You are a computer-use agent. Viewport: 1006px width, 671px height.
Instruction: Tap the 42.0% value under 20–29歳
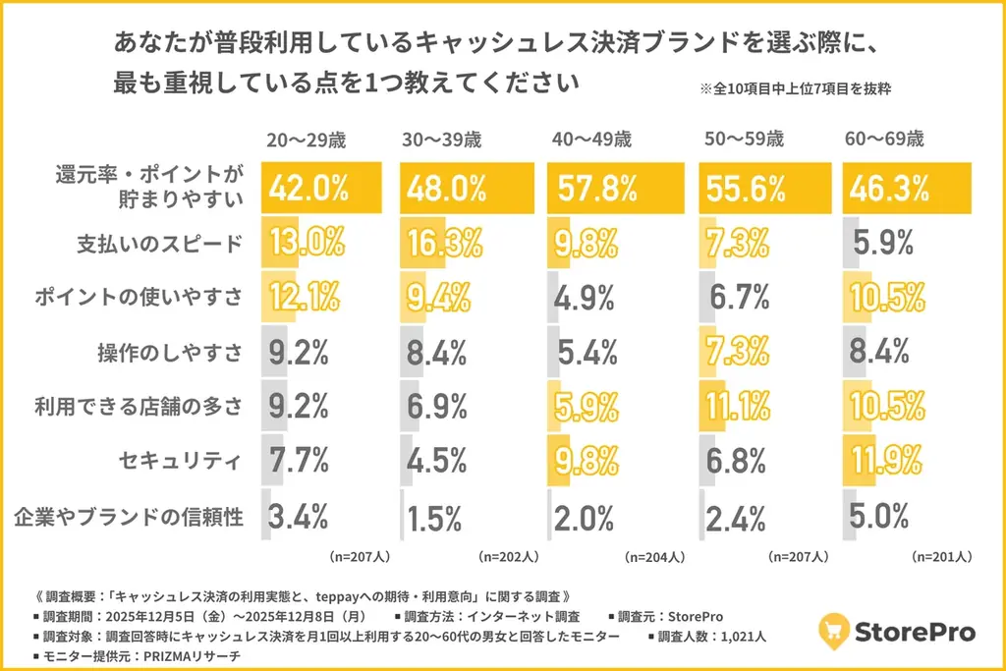(307, 188)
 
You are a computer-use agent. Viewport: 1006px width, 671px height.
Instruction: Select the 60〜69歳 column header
(884, 139)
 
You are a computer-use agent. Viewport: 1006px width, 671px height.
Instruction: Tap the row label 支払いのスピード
(159, 244)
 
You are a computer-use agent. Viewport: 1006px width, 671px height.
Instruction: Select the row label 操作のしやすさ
(169, 353)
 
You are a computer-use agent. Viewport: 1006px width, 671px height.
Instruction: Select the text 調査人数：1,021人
(706, 637)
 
